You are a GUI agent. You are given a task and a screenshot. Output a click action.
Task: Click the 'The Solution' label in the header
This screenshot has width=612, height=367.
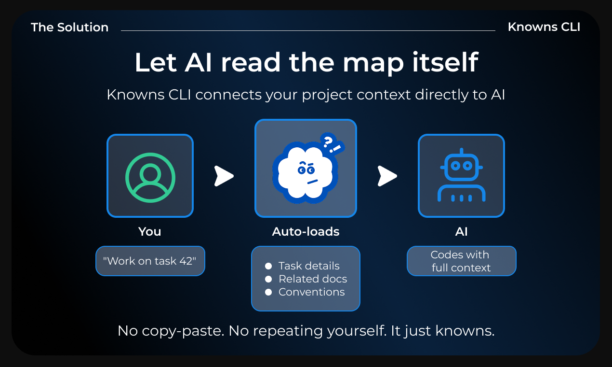pyautogui.click(x=70, y=28)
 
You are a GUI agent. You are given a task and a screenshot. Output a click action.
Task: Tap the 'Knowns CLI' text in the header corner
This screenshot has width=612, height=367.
pyautogui.click(x=544, y=27)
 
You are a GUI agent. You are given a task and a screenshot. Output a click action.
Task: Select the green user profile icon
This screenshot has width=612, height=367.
pyautogui.click(x=150, y=176)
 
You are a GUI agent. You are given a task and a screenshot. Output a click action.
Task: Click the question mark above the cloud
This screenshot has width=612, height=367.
pyautogui.click(x=328, y=141)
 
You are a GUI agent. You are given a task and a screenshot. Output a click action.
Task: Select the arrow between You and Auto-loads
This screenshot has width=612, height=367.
pyautogui.click(x=224, y=176)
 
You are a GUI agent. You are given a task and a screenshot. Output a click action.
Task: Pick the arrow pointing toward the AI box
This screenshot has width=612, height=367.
pyautogui.click(x=387, y=176)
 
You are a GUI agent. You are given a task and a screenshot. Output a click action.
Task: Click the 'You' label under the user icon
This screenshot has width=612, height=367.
pyautogui.click(x=150, y=232)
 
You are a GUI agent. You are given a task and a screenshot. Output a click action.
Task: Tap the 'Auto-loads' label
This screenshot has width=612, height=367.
pyautogui.click(x=306, y=232)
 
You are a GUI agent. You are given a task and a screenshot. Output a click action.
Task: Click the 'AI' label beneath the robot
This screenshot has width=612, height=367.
pyautogui.click(x=461, y=232)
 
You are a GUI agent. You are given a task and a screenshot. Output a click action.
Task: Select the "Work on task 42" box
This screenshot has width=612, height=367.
pyautogui.click(x=150, y=261)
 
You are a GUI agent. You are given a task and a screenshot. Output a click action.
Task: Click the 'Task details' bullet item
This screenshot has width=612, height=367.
pyautogui.click(x=309, y=266)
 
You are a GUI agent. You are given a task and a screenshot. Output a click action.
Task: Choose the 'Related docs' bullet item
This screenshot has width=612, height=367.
pyautogui.click(x=313, y=279)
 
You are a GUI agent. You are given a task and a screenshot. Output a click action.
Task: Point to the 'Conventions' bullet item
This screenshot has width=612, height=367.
pyautogui.click(x=312, y=292)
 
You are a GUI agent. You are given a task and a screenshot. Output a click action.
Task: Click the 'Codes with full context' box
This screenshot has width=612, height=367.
pyautogui.click(x=461, y=261)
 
